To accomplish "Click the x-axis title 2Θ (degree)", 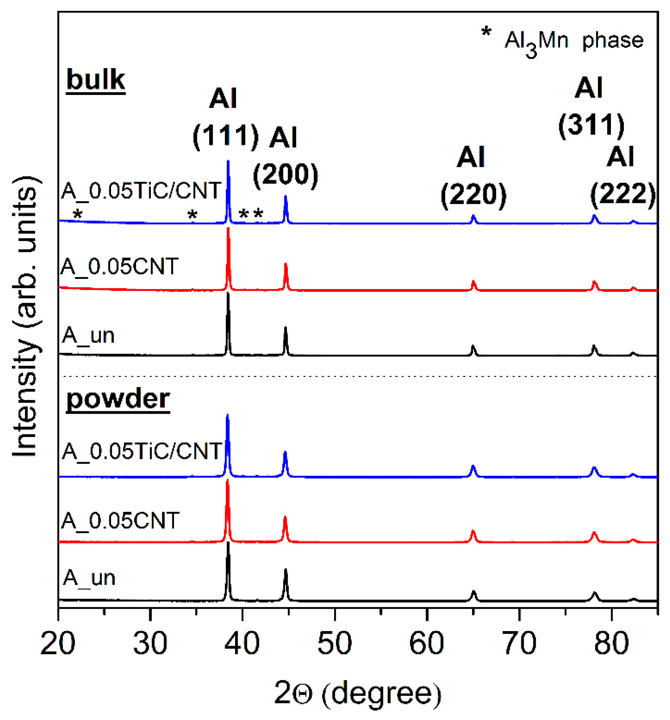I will (x=358, y=693).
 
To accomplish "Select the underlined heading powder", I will (x=118, y=399).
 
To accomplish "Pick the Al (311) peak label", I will (x=591, y=107).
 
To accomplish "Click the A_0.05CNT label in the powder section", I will (x=120, y=521).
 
